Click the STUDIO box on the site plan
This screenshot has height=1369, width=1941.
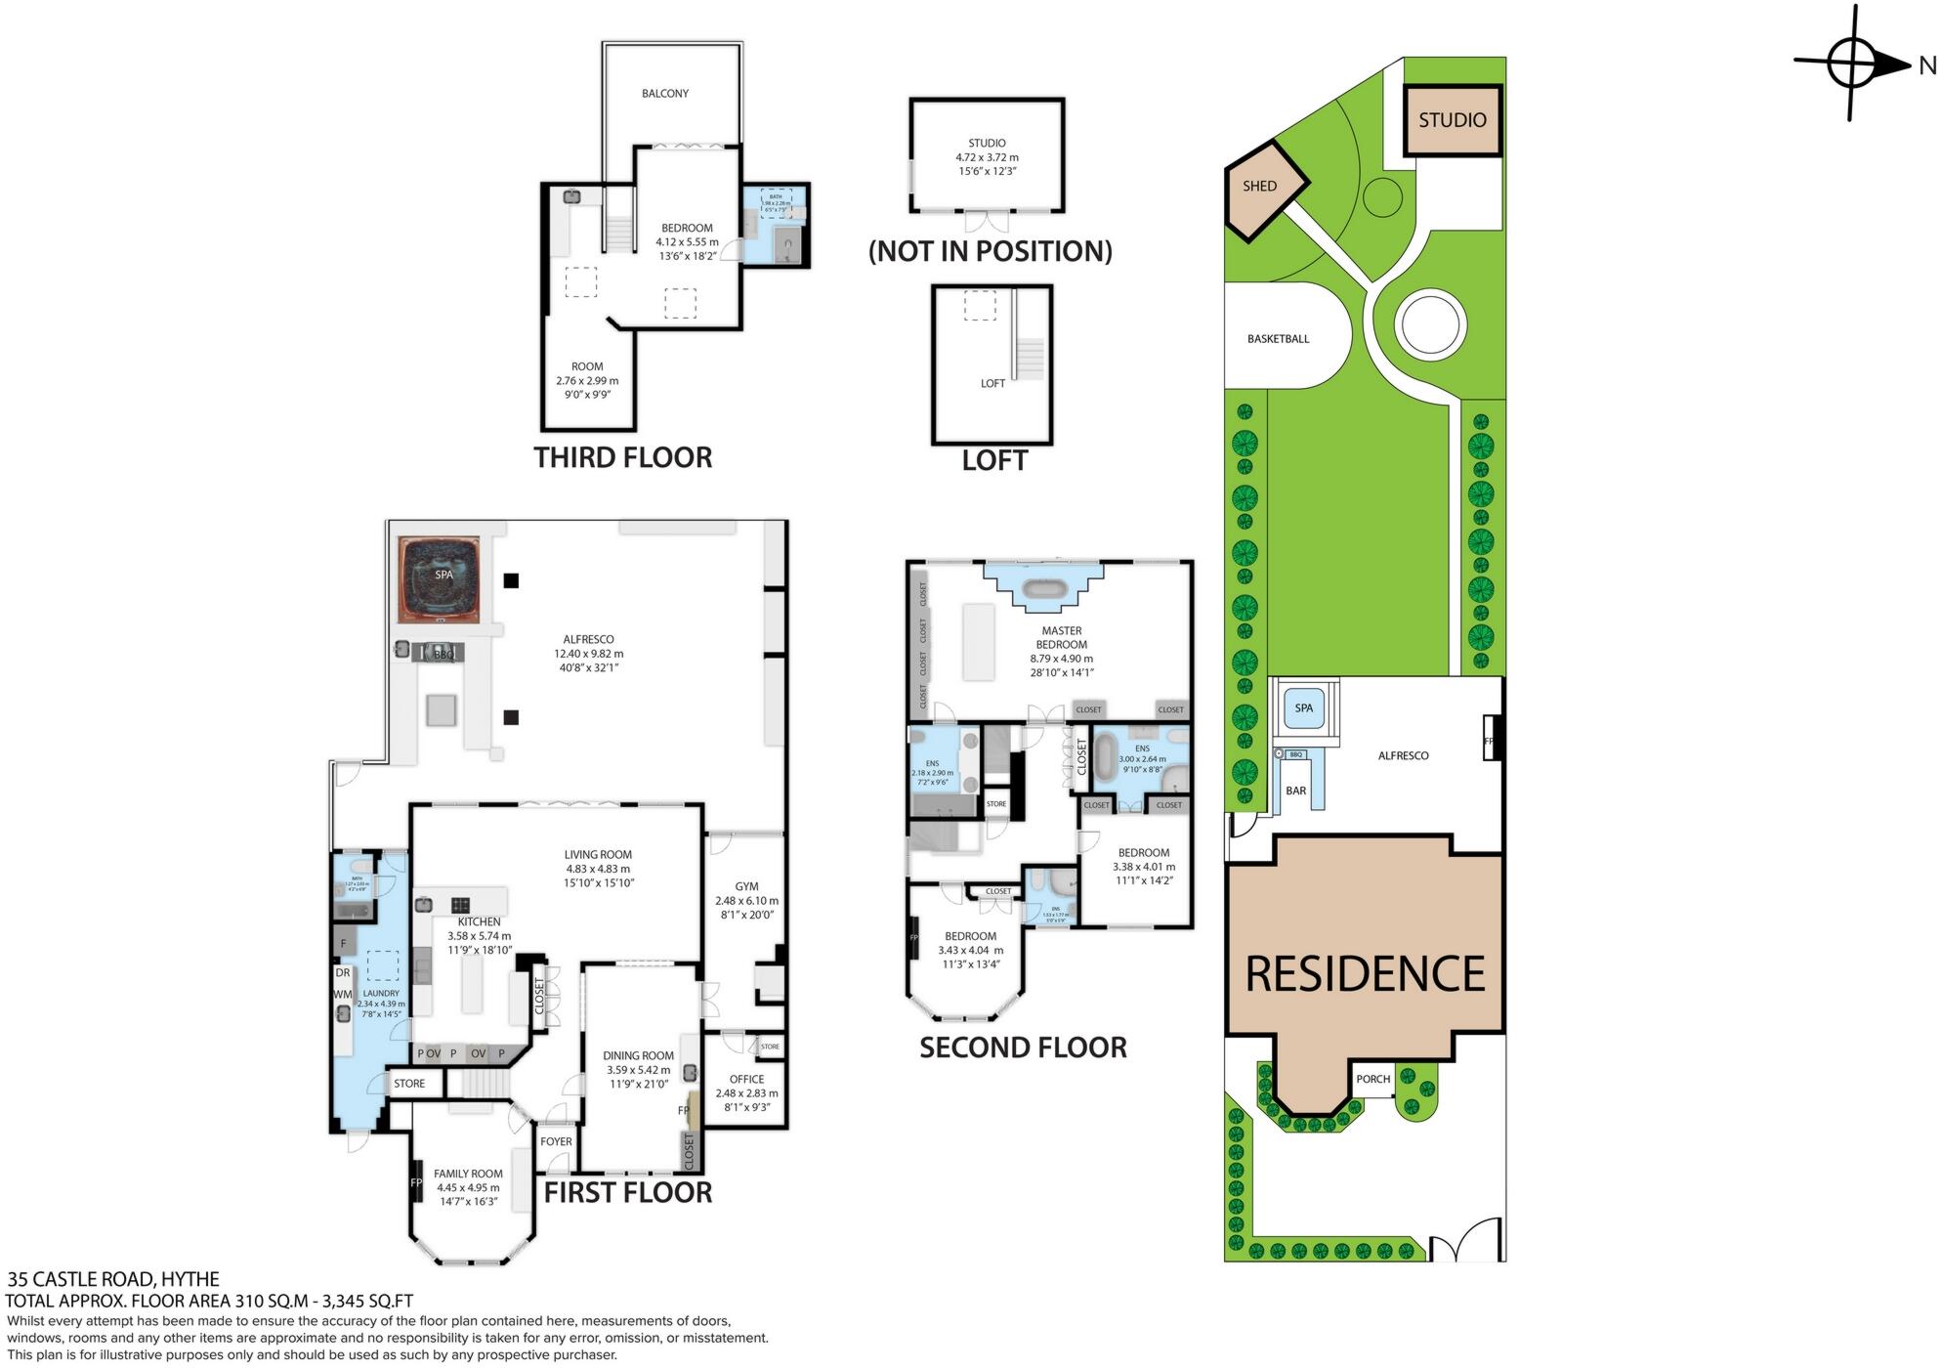1453,120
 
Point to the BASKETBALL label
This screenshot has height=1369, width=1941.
1278,339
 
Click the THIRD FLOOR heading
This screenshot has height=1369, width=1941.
622,457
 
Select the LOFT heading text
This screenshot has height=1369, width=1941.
994,461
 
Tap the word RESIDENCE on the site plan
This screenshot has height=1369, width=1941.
1365,974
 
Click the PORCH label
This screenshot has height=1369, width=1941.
1372,1080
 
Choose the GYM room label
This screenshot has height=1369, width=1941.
746,887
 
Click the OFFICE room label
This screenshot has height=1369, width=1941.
746,1080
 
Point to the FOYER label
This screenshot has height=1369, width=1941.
556,1141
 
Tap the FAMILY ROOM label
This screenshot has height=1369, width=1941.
468,1175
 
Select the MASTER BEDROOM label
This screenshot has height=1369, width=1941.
1061,638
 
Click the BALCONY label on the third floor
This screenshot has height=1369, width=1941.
665,94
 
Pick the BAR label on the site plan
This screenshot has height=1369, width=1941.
1295,791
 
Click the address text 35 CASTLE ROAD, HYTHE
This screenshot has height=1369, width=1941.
113,1279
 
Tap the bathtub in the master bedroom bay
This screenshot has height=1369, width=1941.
1043,589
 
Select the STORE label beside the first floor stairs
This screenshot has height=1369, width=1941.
409,1084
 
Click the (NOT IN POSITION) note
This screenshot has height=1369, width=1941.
990,251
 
